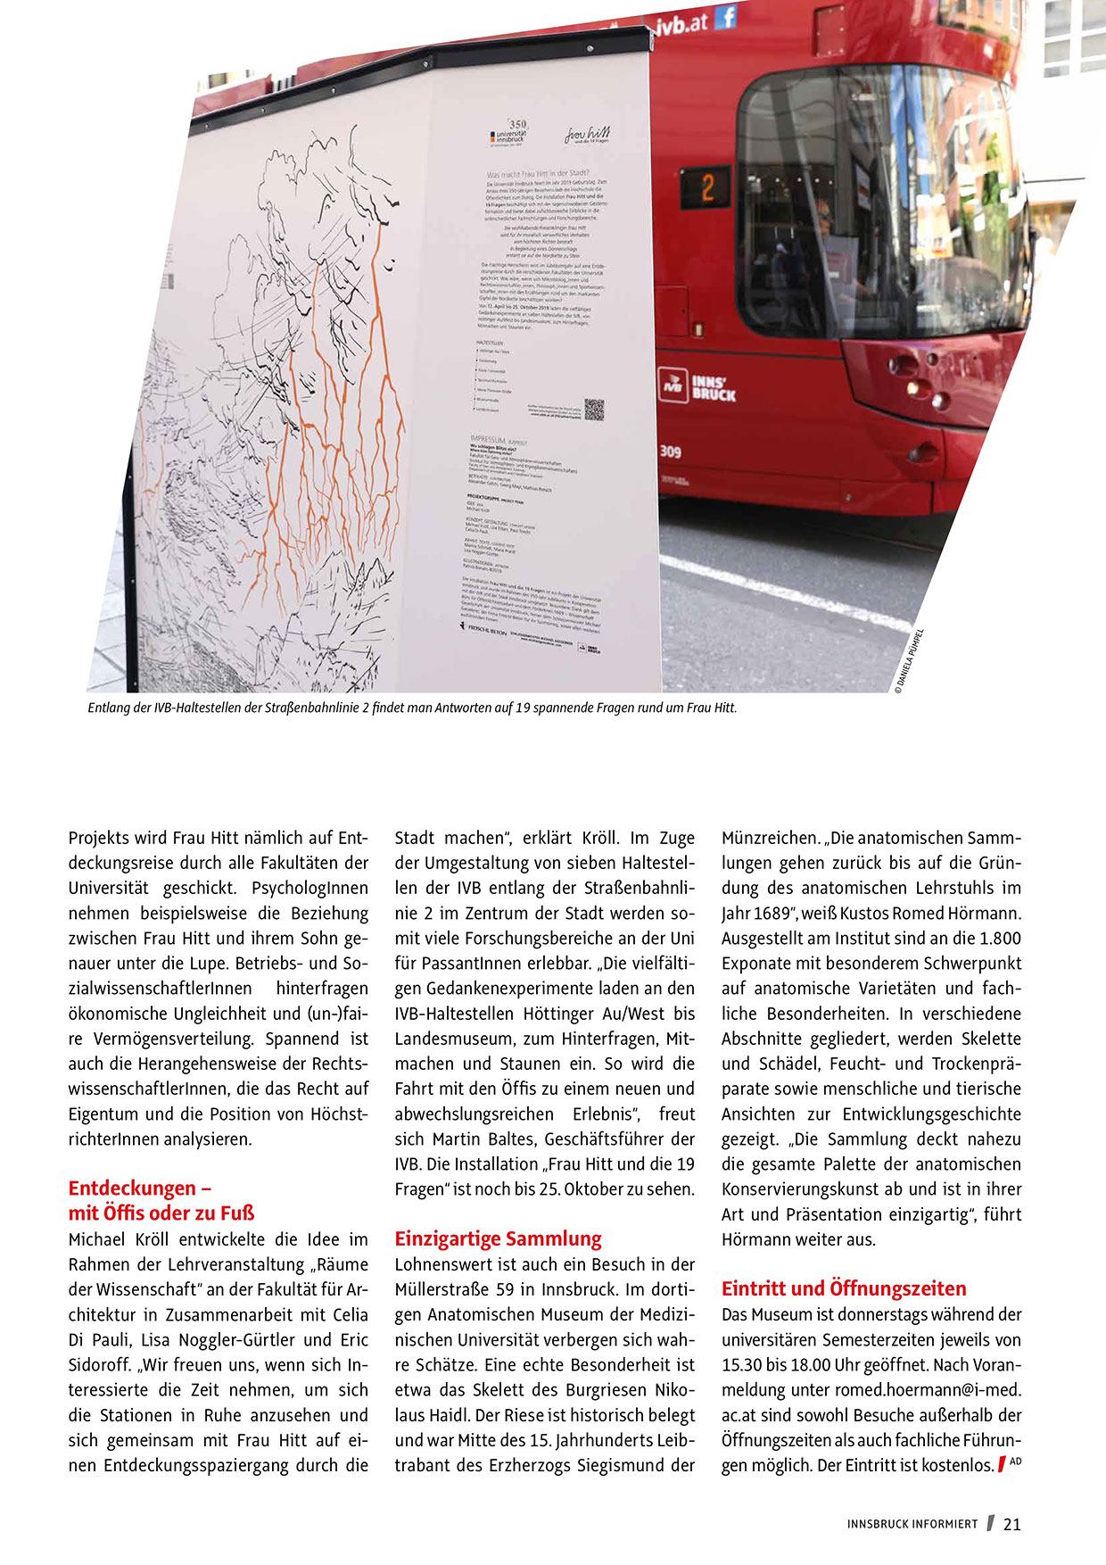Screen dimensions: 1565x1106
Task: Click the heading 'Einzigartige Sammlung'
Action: [498, 1238]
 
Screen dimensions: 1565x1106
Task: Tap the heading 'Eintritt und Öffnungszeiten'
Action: [844, 1288]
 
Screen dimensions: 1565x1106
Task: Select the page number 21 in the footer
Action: [1012, 1524]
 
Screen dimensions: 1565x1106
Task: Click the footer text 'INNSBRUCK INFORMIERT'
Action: [912, 1524]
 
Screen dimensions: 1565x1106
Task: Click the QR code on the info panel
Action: [594, 410]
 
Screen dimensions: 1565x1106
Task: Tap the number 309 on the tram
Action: [671, 451]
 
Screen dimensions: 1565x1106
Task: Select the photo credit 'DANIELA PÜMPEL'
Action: [910, 660]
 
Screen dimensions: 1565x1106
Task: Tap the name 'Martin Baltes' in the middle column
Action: [484, 1139]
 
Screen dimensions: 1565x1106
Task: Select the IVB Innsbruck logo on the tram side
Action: [697, 385]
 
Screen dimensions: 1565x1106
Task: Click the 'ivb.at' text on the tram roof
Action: [682, 24]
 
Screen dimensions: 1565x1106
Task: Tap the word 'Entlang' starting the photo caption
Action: [109, 708]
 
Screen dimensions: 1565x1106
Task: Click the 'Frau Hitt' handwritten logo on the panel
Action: [587, 136]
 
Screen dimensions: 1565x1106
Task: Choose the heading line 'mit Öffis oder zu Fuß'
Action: [161, 1213]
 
